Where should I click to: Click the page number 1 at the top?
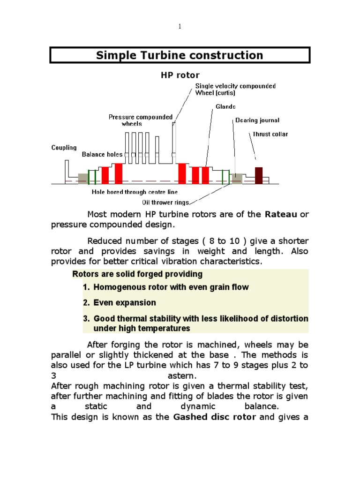pos(180,27)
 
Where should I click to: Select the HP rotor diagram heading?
pos(180,75)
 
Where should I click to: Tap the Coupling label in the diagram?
pos(64,147)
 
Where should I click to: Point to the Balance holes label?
pos(102,154)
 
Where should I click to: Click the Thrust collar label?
pos(270,134)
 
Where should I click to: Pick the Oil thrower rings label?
pos(166,202)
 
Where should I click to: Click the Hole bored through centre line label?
pos(135,192)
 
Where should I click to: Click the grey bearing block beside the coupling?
pos(83,179)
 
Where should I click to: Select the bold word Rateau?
pos(281,214)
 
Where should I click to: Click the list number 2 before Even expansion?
pos(86,303)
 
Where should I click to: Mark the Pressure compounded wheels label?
pos(141,120)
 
